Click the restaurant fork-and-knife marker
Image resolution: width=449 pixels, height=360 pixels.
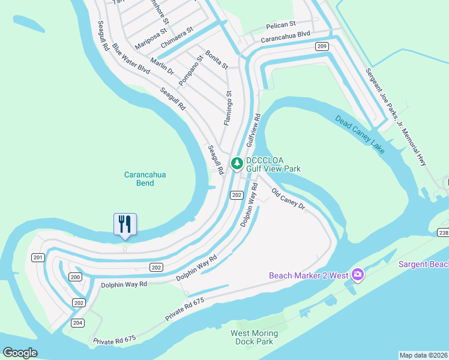coord(125,224)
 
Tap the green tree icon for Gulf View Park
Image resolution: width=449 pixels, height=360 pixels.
coord(237,163)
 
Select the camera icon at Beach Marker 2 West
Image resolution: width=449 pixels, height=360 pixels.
coord(358,274)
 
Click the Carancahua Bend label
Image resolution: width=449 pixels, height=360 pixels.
coord(145,179)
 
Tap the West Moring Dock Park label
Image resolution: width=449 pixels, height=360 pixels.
coord(255,337)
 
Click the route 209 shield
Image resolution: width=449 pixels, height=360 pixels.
coord(322,46)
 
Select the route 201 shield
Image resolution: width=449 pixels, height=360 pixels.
coord(38,257)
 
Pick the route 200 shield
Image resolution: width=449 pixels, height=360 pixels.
coord(75,277)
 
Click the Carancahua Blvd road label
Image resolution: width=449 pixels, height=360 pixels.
coord(285,37)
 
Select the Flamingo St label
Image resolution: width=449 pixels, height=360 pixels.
coord(228,108)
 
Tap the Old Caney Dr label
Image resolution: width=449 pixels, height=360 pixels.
coord(289,201)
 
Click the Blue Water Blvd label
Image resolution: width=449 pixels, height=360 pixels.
coord(131,60)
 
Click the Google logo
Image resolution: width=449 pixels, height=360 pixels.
coord(20,353)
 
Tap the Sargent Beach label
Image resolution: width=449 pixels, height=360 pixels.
coord(424,265)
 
